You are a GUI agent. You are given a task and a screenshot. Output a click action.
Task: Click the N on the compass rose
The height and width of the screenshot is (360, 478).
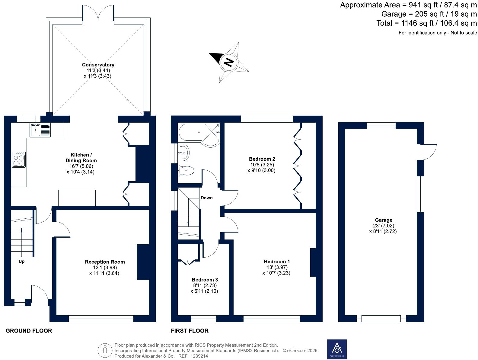pyautogui.click(x=229, y=62)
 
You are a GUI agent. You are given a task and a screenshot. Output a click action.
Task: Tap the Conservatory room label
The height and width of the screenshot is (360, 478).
pyautogui.click(x=98, y=65)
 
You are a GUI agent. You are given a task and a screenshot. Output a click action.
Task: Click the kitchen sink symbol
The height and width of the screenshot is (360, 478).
pyautogui.click(x=40, y=130)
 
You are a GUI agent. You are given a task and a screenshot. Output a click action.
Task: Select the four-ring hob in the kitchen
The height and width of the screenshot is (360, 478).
pyautogui.click(x=19, y=159)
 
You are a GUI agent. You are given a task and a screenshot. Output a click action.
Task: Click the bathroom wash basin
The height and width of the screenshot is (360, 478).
pyautogui.click(x=183, y=152)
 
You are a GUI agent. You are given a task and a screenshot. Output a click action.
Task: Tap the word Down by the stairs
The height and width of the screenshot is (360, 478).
pyautogui.click(x=207, y=198)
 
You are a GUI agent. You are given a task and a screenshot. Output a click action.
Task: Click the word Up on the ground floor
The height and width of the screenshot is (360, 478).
pyautogui.click(x=21, y=261)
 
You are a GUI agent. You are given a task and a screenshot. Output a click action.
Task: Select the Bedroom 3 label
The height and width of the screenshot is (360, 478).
pyautogui.click(x=205, y=280)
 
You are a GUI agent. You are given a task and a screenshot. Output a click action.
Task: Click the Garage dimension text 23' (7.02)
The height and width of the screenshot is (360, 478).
pyautogui.click(x=384, y=226)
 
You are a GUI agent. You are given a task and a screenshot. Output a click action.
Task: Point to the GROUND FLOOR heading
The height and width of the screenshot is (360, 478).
pyautogui.click(x=29, y=331)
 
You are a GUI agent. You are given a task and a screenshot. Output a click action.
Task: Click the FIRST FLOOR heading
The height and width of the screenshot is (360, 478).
pyautogui.click(x=190, y=331)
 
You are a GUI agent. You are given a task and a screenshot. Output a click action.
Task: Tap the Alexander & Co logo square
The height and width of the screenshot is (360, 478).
pyautogui.click(x=337, y=349)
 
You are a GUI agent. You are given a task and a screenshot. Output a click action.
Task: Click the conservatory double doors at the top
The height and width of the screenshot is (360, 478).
pyautogui.click(x=98, y=14)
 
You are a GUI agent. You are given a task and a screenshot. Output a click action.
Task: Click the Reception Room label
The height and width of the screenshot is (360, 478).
pyautogui.click(x=105, y=262)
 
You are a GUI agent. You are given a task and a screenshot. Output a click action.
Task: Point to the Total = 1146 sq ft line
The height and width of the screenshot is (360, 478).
pyautogui.click(x=427, y=23)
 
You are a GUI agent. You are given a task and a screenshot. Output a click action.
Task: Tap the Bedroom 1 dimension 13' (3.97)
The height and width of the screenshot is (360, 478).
pyautogui.click(x=277, y=267)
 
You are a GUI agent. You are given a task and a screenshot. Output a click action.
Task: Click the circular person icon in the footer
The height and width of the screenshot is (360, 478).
pyautogui.click(x=105, y=351)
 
